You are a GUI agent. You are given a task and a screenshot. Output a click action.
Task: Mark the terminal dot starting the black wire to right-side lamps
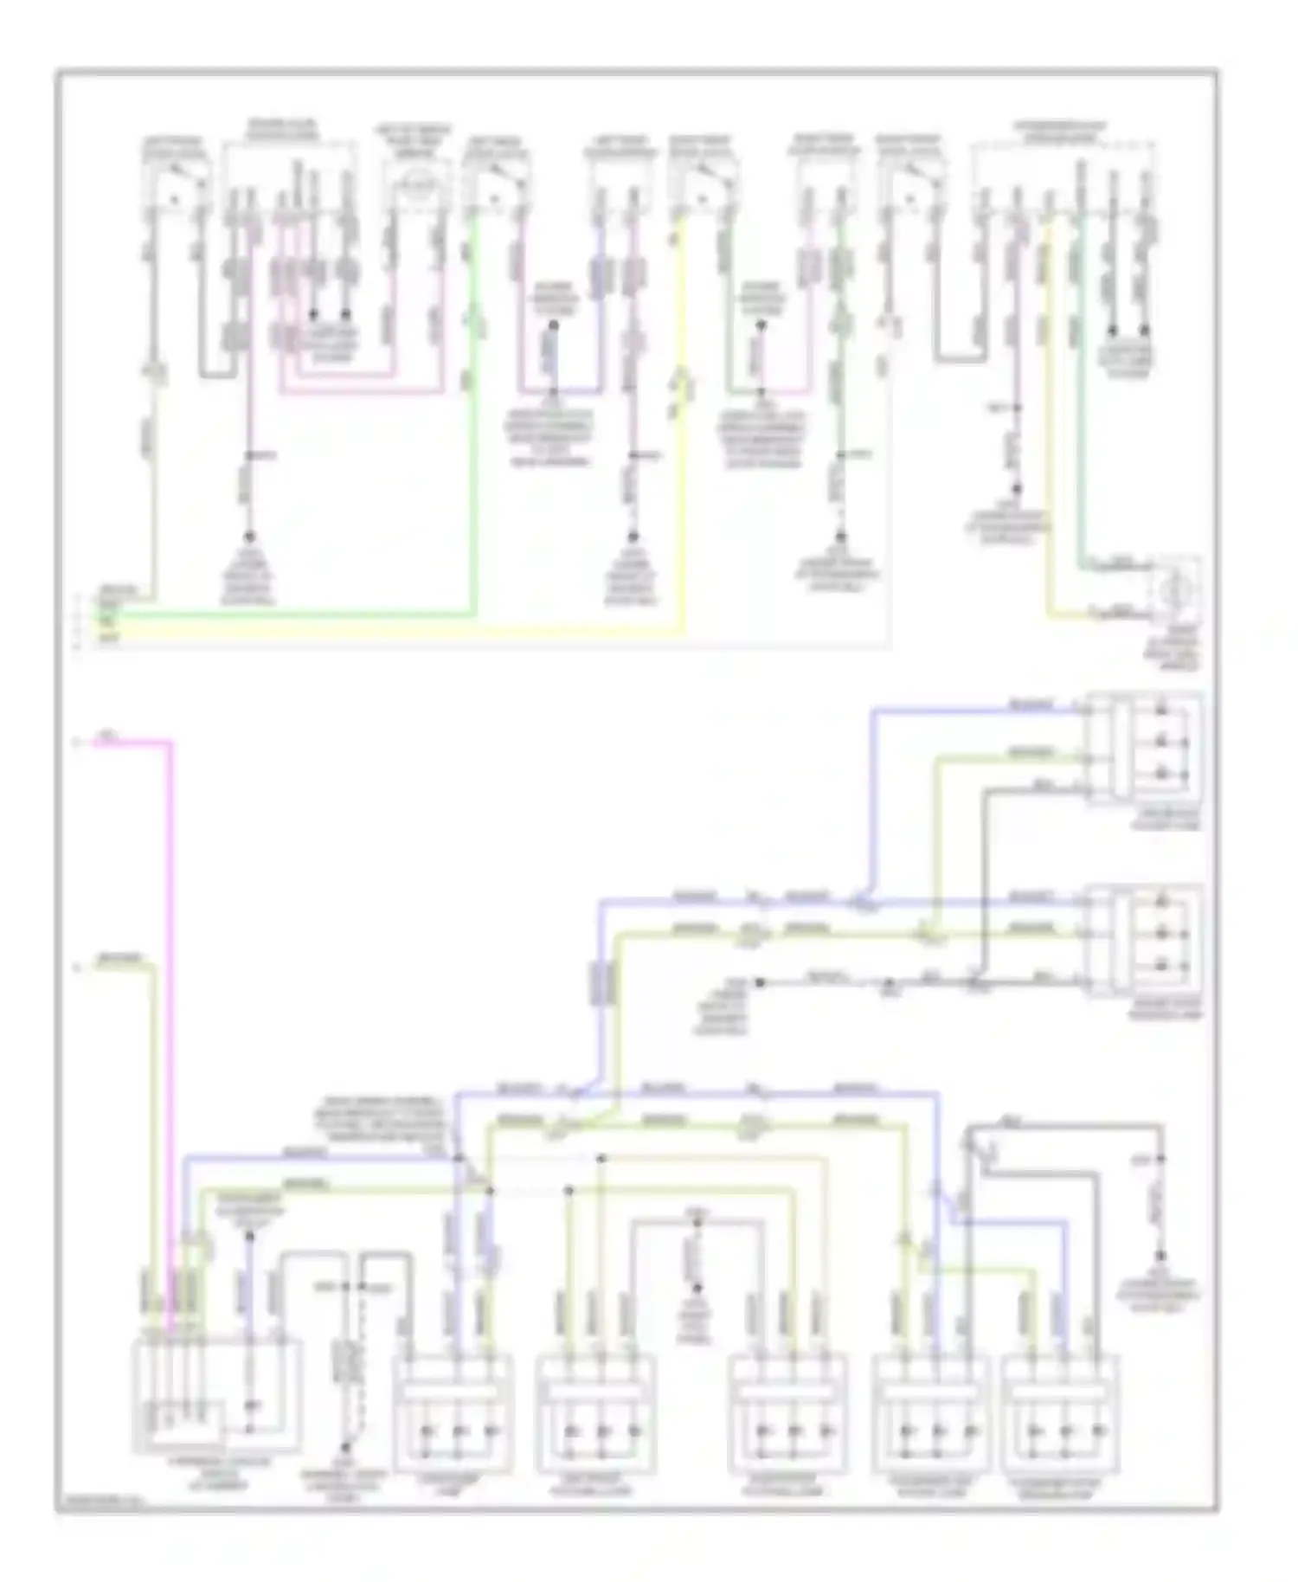click(x=760, y=982)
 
